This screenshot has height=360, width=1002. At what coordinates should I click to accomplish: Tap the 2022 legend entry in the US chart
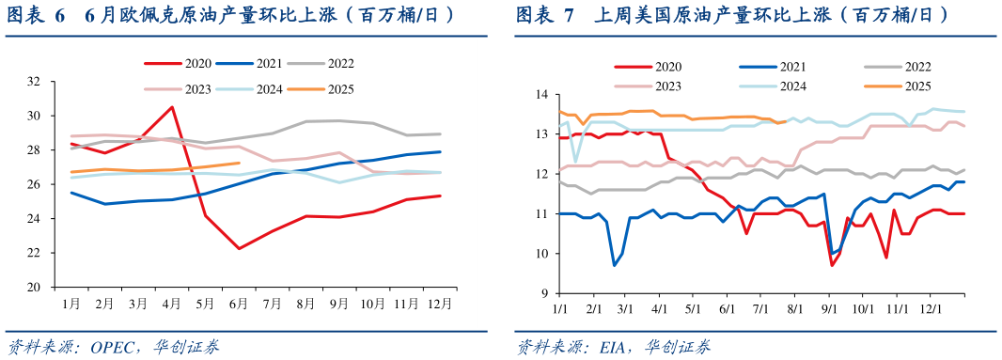(899, 67)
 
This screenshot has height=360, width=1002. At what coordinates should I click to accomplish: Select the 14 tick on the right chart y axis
(540, 95)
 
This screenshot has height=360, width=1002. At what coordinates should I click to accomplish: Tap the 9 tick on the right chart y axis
(543, 293)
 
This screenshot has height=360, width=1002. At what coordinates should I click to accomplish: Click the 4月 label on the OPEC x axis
(171, 305)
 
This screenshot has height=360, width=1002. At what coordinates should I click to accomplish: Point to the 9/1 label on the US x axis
(829, 307)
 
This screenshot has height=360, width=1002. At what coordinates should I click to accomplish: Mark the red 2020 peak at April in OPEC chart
(171, 106)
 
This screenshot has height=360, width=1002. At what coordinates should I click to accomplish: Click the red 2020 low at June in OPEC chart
(239, 249)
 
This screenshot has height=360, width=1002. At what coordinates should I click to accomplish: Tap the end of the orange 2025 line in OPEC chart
(239, 163)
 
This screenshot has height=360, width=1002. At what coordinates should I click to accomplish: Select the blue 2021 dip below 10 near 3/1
(615, 265)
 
